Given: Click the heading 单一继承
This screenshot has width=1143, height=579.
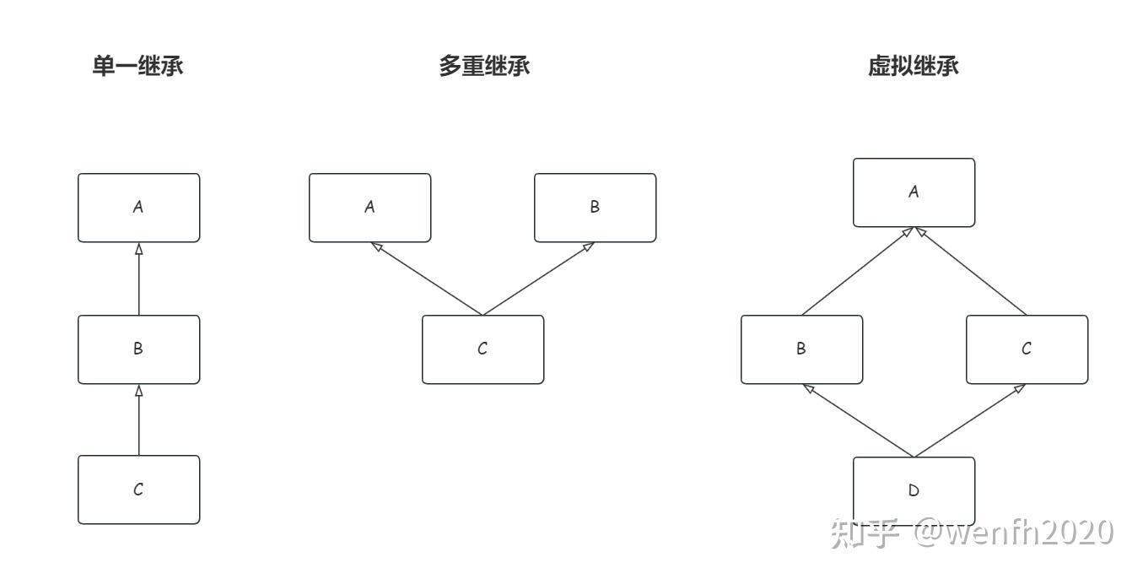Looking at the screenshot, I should [137, 67].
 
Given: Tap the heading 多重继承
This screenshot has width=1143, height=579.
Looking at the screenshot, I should [484, 67].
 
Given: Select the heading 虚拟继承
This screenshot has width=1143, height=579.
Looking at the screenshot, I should [914, 67].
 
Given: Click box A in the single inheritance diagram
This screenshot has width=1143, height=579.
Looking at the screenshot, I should [139, 208].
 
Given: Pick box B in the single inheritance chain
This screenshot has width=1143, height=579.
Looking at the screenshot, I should [139, 349].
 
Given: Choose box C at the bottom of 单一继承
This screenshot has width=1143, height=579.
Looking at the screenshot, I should [139, 490].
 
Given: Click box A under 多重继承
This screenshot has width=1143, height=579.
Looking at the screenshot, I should [369, 208].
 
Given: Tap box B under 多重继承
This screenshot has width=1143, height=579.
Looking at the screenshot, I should [595, 208].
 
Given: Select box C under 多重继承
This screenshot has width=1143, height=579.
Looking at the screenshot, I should [483, 349].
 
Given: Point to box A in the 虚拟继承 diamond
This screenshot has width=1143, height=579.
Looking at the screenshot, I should [914, 192].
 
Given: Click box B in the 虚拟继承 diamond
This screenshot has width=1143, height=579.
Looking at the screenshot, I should [801, 349].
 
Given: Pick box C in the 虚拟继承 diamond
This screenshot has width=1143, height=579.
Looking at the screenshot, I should [1027, 349].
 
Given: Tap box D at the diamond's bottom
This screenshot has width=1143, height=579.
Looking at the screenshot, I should [914, 490].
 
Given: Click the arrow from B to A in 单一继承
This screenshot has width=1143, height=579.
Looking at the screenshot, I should [139, 279].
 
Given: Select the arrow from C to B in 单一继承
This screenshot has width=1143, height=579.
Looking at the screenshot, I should [139, 419].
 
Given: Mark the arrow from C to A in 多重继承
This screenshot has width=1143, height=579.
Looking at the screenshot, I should [426, 279].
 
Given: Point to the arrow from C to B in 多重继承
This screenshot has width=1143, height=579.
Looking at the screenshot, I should [538, 279].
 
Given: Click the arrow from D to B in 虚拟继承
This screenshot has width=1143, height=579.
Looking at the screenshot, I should [858, 420].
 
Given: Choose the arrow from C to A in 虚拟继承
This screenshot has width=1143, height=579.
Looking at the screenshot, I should [970, 271].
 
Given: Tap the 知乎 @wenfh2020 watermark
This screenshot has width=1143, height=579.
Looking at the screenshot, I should [971, 533].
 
